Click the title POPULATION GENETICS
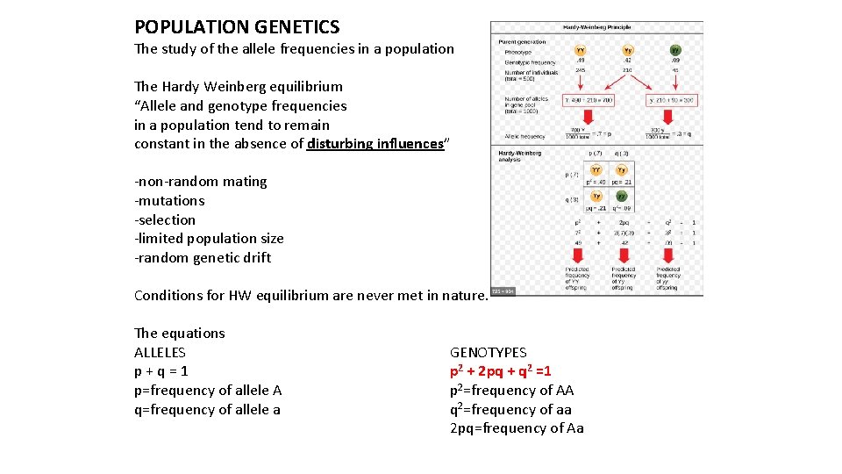[237, 27]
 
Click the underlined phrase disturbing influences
[375, 144]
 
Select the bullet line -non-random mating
[201, 182]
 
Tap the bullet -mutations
[169, 201]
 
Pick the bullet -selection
[165, 220]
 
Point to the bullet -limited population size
[209, 239]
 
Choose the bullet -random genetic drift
[203, 258]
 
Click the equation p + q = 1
[161, 371]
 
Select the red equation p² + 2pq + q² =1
[501, 371]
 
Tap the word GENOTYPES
[489, 353]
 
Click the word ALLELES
[160, 353]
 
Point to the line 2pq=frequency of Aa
[517, 428]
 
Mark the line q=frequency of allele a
[207, 410]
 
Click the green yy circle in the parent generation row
[675, 51]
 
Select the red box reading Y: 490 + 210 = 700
[588, 101]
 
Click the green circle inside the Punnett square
[621, 197]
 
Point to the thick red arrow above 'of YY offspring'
[577, 250]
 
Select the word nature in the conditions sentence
[460, 296]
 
